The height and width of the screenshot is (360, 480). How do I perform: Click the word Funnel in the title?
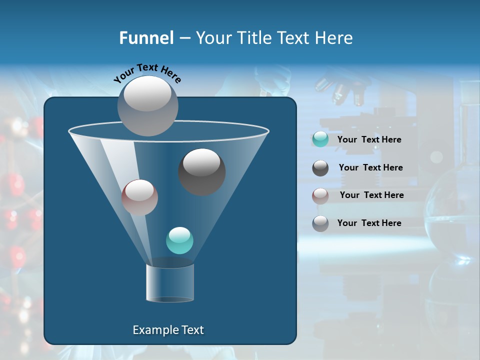(146, 38)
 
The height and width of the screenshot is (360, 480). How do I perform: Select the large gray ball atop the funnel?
(147, 105)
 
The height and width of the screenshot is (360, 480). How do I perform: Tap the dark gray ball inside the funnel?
(201, 171)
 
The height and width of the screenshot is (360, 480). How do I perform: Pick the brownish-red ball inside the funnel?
(139, 197)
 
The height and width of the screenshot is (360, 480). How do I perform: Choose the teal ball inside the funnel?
(179, 240)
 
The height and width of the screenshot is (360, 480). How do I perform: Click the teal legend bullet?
(320, 139)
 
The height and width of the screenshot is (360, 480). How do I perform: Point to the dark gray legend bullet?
(320, 168)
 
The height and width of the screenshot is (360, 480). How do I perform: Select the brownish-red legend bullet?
(320, 195)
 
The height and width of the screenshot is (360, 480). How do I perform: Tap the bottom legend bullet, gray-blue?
(320, 223)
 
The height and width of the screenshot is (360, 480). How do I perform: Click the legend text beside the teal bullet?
(369, 139)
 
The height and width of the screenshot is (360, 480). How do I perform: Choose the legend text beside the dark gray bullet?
(370, 167)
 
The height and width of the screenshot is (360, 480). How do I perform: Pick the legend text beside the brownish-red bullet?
(371, 195)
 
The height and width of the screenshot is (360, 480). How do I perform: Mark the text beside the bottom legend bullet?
(369, 223)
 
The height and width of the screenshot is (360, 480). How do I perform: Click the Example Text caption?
(168, 330)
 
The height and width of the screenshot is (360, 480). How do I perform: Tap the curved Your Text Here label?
(147, 73)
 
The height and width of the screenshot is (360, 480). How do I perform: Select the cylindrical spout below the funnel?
(170, 282)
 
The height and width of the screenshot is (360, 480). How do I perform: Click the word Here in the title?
(334, 38)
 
